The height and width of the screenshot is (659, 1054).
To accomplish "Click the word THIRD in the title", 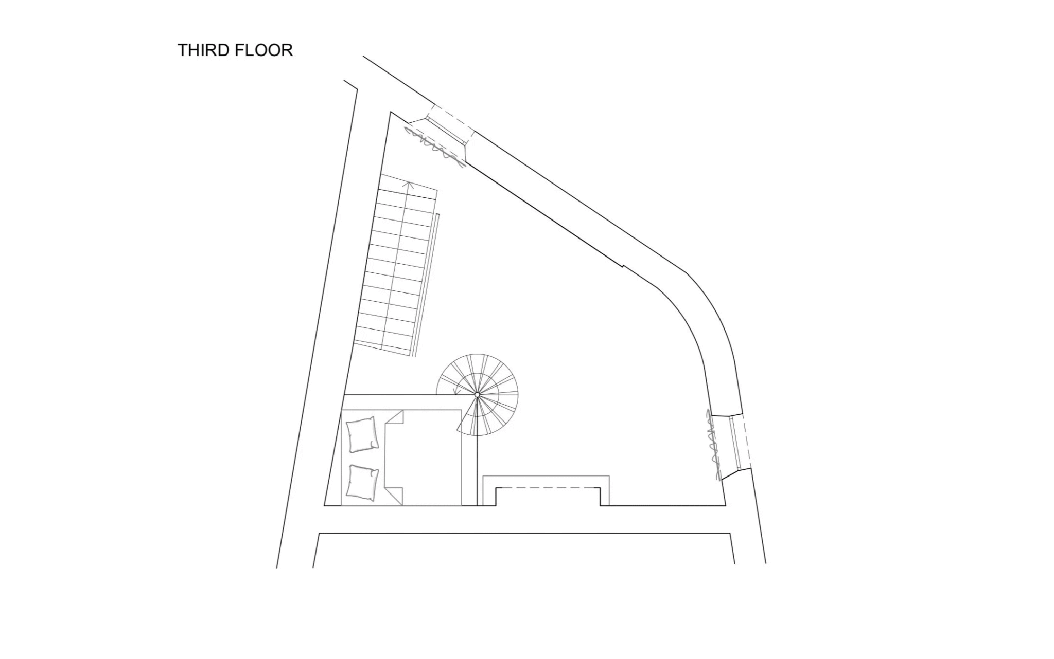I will coord(204,50).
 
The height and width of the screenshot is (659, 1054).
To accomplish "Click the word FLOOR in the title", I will coord(264,50).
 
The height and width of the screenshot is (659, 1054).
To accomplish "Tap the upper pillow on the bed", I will coord(363,435).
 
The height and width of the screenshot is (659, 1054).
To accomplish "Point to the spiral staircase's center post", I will coord(477,395).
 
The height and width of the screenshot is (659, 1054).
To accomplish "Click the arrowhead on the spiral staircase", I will coord(456,392).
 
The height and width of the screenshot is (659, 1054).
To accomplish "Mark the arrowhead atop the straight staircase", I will coord(410,184).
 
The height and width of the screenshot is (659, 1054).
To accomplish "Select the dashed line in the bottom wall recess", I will coord(548,488).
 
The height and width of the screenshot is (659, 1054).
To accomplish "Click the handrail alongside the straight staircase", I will coord(427,283).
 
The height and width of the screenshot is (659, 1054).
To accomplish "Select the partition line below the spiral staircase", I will coord(477,470).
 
